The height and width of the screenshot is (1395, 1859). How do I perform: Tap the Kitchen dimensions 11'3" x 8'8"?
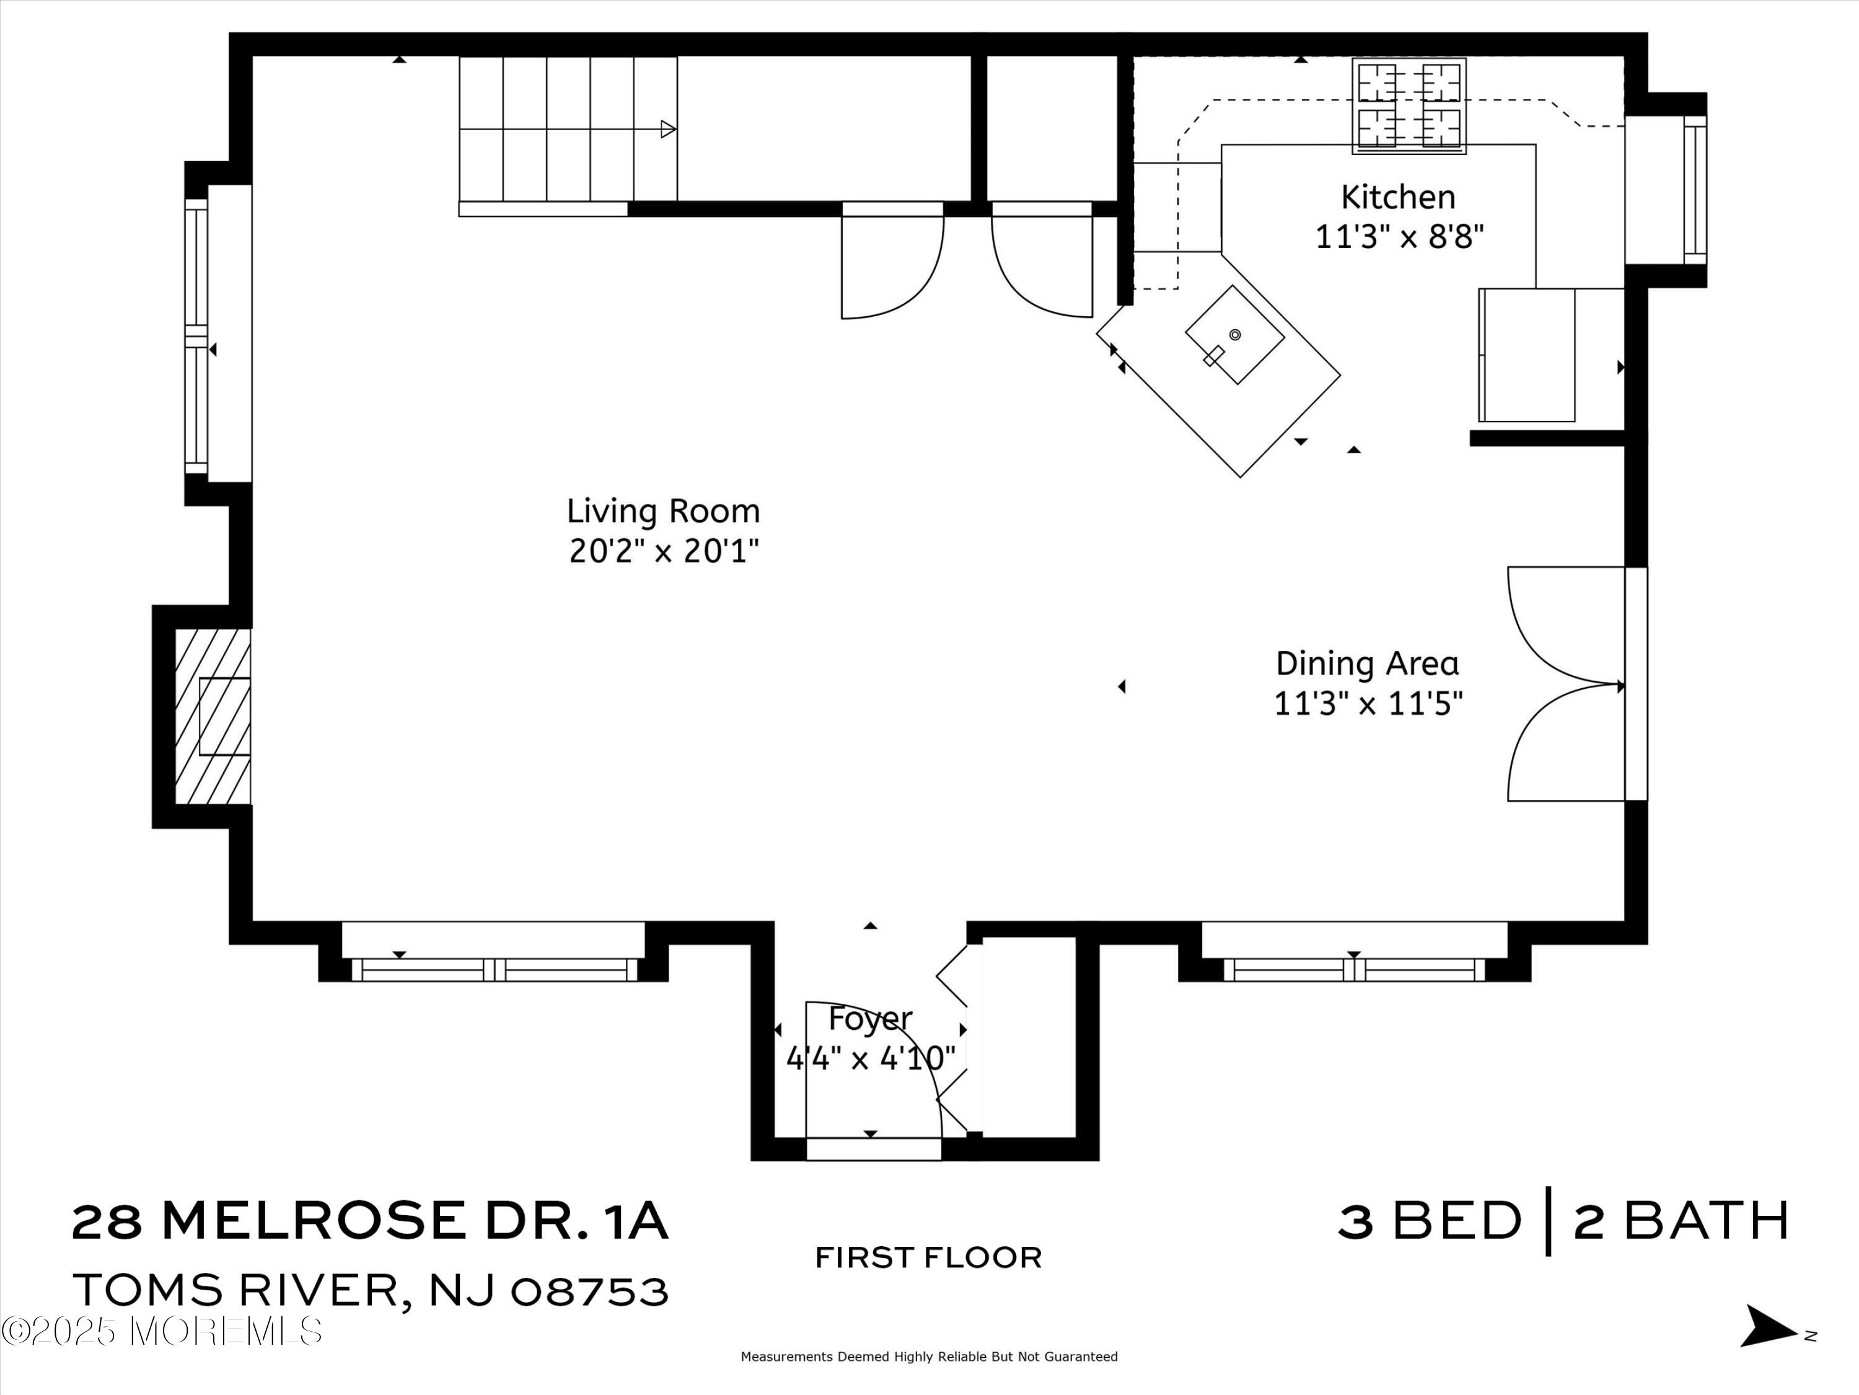(x=1399, y=237)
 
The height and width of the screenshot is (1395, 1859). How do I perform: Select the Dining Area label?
(x=1368, y=663)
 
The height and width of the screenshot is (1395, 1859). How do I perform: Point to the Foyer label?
(x=870, y=1018)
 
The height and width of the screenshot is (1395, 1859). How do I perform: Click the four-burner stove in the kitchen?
(x=1409, y=106)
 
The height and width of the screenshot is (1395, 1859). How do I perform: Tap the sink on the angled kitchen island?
(x=1234, y=335)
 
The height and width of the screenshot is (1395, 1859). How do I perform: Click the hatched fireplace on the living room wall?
(x=213, y=717)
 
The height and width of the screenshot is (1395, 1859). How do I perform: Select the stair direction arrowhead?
(x=668, y=130)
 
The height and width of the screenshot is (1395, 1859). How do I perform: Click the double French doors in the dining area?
(x=1565, y=684)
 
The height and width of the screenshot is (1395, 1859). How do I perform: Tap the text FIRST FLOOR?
(x=929, y=1258)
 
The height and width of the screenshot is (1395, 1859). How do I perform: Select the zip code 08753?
(x=589, y=1291)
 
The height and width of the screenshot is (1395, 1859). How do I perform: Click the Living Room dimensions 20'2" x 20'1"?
(x=664, y=552)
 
